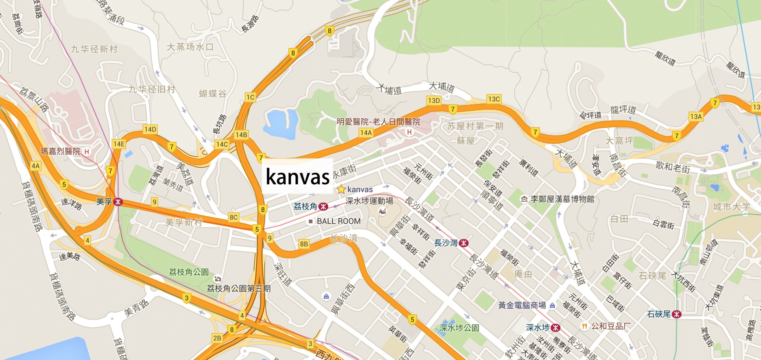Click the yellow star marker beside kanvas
coord(341,189)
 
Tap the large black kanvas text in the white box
coord(298,176)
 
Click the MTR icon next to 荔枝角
coord(323,206)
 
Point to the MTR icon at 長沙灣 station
coord(464,243)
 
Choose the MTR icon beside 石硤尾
coord(676,314)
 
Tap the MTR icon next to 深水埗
coord(555,328)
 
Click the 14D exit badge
coord(150,129)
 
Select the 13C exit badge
coord(494,99)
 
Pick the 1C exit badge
coord(250,97)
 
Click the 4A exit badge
coord(35,166)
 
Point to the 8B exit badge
coord(304,244)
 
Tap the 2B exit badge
coord(217,338)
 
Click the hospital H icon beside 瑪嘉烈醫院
coord(87,152)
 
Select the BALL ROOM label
coord(339,221)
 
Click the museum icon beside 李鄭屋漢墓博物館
coord(524,199)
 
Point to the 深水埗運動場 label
coord(369,201)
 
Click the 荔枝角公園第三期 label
coord(239,289)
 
